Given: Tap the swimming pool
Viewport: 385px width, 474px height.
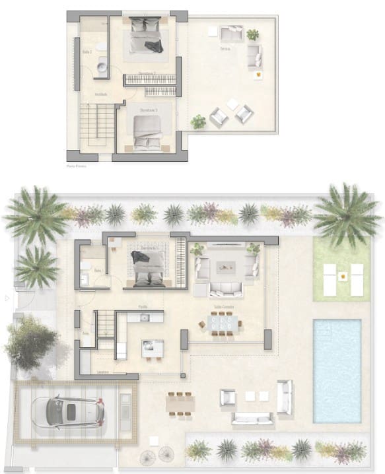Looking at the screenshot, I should pyautogui.click(x=337, y=370).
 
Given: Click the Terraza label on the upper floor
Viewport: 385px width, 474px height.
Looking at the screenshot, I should pyautogui.click(x=226, y=50).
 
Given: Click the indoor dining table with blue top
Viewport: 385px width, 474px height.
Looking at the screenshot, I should pyautogui.click(x=221, y=323).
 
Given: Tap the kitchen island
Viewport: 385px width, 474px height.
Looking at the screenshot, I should pyautogui.click(x=153, y=347).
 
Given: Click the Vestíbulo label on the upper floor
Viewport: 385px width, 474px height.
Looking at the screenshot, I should pyautogui.click(x=101, y=94).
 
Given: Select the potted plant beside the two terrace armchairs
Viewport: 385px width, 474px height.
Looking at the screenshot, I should pyautogui.click(x=198, y=121).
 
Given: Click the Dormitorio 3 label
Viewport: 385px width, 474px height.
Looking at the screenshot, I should pyautogui.click(x=148, y=110).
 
